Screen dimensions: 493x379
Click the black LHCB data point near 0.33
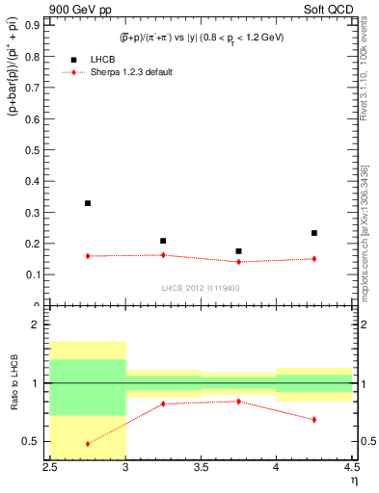pyautogui.click(x=88, y=203)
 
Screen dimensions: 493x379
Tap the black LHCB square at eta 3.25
pyautogui.click(x=163, y=241)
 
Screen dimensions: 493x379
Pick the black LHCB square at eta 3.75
pyautogui.click(x=238, y=251)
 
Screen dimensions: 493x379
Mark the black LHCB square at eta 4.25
pyautogui.click(x=313, y=233)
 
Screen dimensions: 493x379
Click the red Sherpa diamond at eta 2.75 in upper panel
pyautogui.click(x=88, y=256)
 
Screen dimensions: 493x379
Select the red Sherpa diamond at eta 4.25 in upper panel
pyautogui.click(x=313, y=258)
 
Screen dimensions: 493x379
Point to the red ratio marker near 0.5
pyautogui.click(x=88, y=444)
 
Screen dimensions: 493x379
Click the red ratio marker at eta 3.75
pyautogui.click(x=238, y=402)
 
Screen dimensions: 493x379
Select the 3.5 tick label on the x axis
pyautogui.click(x=201, y=466)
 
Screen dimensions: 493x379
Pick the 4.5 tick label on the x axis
pyautogui.click(x=350, y=466)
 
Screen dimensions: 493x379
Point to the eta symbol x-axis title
pyautogui.click(x=353, y=479)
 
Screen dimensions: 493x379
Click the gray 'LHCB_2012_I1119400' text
pyautogui.click(x=200, y=288)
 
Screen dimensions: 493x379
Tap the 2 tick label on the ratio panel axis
pyautogui.click(x=38, y=324)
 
